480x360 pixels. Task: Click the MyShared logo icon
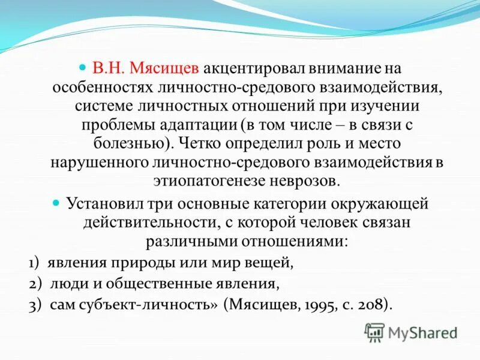(x=374, y=332)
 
